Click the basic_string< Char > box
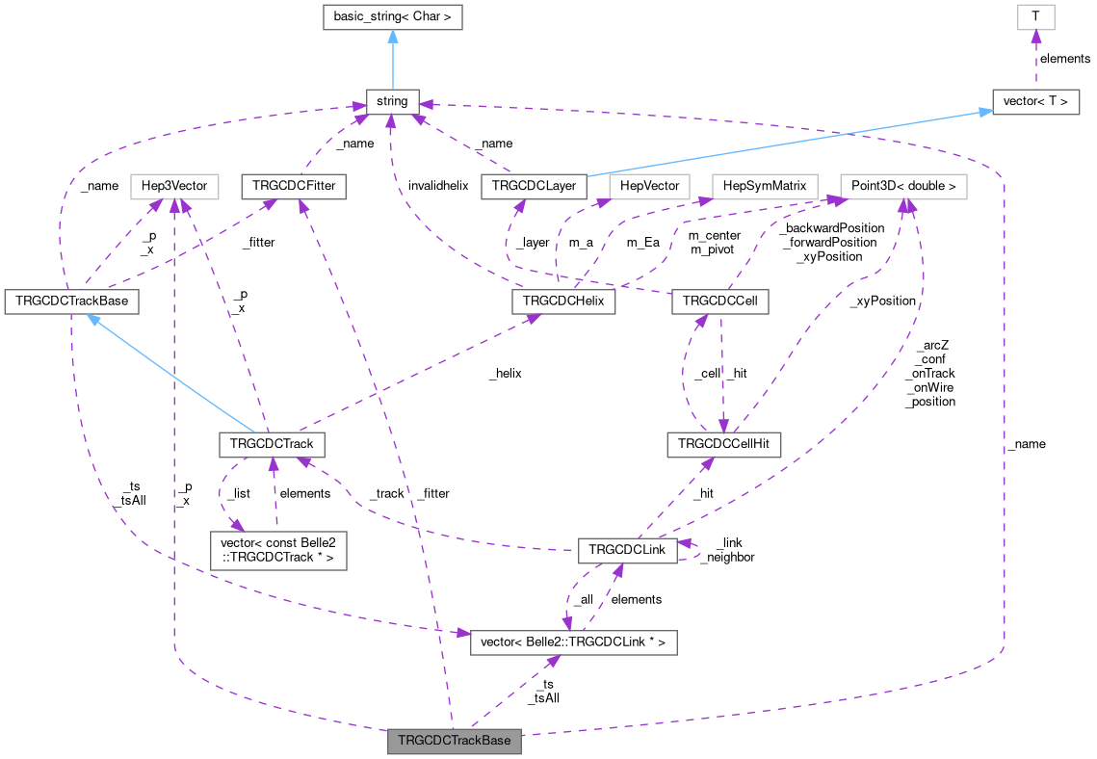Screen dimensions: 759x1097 click(x=392, y=16)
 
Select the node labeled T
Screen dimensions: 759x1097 click(x=1035, y=16)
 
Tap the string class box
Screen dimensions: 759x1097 click(x=392, y=100)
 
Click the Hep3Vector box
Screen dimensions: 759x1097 click(x=174, y=186)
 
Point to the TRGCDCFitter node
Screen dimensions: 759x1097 click(x=294, y=186)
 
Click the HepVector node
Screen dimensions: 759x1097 click(x=650, y=186)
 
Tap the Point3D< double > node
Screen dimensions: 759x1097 click(x=903, y=186)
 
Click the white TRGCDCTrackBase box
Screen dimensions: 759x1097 click(x=71, y=301)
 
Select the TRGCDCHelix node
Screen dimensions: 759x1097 click(x=563, y=301)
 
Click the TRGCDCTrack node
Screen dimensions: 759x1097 click(x=272, y=444)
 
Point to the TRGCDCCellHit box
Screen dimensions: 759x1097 click(x=723, y=444)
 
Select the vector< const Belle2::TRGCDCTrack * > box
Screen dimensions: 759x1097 click(x=277, y=550)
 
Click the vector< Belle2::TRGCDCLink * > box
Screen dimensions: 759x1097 click(x=573, y=641)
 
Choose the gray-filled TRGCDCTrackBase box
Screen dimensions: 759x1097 click(x=455, y=742)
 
